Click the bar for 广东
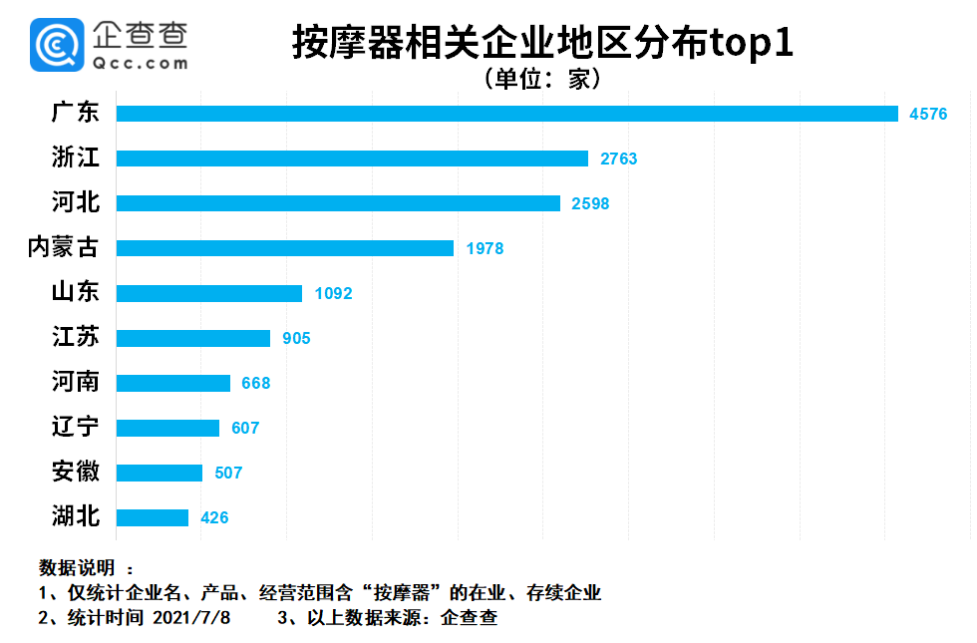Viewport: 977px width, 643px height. pyautogui.click(x=506, y=114)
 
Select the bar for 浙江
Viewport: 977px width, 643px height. pyautogui.click(x=352, y=159)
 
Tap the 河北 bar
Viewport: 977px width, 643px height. pyautogui.click(x=338, y=203)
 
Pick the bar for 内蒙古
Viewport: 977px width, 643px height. pyautogui.click(x=285, y=248)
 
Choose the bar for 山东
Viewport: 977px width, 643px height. pyautogui.click(x=209, y=293)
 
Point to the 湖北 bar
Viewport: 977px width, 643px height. pyautogui.click(x=153, y=517)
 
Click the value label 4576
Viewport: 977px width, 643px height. pyautogui.click(x=928, y=114)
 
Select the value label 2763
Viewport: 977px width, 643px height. pyautogui.click(x=618, y=159)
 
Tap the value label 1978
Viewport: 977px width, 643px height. pyautogui.click(x=485, y=248)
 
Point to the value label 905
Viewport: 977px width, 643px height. pyautogui.click(x=296, y=338)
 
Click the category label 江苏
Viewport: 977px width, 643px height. pyautogui.click(x=76, y=337)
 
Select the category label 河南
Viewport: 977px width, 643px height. pyautogui.click(x=76, y=382)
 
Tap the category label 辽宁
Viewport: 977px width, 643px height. pyautogui.click(x=76, y=427)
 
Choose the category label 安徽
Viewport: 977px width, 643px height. pyautogui.click(x=76, y=472)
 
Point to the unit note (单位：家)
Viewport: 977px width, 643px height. pyautogui.click(x=542, y=79)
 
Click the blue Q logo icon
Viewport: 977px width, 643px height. pyautogui.click(x=56, y=45)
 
